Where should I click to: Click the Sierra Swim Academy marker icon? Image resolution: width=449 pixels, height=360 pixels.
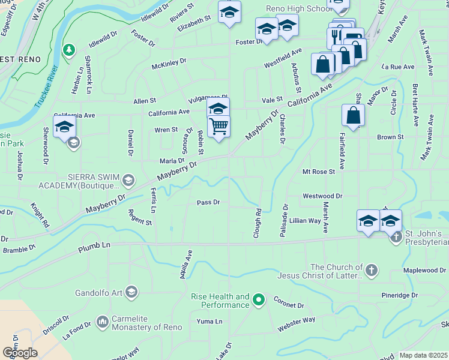(128, 180)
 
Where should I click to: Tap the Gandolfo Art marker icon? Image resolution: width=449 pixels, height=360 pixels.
(131, 293)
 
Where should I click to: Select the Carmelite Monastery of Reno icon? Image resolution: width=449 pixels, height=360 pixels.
(101, 322)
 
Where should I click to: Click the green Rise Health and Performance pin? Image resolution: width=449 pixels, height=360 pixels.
(259, 298)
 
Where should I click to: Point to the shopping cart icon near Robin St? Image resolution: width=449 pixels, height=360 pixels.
(218, 126)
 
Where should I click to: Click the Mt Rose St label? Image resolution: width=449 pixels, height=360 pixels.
(318, 172)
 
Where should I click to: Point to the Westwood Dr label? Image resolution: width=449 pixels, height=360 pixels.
(322, 196)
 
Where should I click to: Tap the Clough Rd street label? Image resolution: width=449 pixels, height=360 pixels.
(258, 223)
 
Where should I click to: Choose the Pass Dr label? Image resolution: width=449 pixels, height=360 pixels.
(209, 202)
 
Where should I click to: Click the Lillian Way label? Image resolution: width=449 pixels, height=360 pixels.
(305, 221)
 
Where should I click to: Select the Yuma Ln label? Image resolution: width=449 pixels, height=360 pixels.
(210, 322)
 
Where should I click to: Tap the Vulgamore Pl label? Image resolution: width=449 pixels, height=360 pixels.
(208, 98)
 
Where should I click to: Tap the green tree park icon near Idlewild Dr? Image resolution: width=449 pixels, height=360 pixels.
(70, 48)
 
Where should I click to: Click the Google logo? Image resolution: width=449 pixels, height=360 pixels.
(19, 353)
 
